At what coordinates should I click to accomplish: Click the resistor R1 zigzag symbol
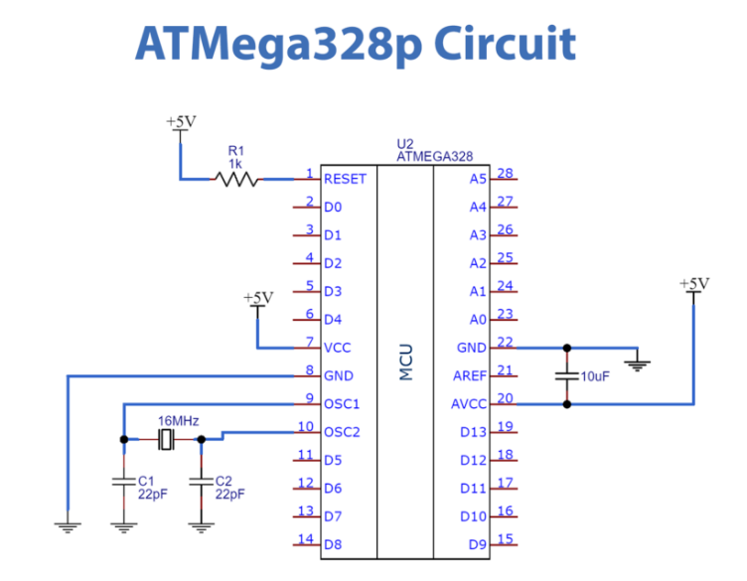236,180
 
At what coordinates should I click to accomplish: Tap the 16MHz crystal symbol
165,438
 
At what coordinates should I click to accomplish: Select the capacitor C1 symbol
123,480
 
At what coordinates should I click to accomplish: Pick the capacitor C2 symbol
202,480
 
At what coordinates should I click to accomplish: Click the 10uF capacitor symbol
567,376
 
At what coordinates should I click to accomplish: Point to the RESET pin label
345,180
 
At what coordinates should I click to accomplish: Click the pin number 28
505,174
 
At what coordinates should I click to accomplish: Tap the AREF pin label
470,376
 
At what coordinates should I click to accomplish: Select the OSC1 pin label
342,404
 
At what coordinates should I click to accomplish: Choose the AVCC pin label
470,404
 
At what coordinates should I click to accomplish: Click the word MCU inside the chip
405,363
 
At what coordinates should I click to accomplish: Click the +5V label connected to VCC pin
257,297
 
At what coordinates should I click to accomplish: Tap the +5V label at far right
694,284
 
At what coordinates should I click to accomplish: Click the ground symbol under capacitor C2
202,525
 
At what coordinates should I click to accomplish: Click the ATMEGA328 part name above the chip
434,156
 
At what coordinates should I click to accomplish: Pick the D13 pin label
473,432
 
